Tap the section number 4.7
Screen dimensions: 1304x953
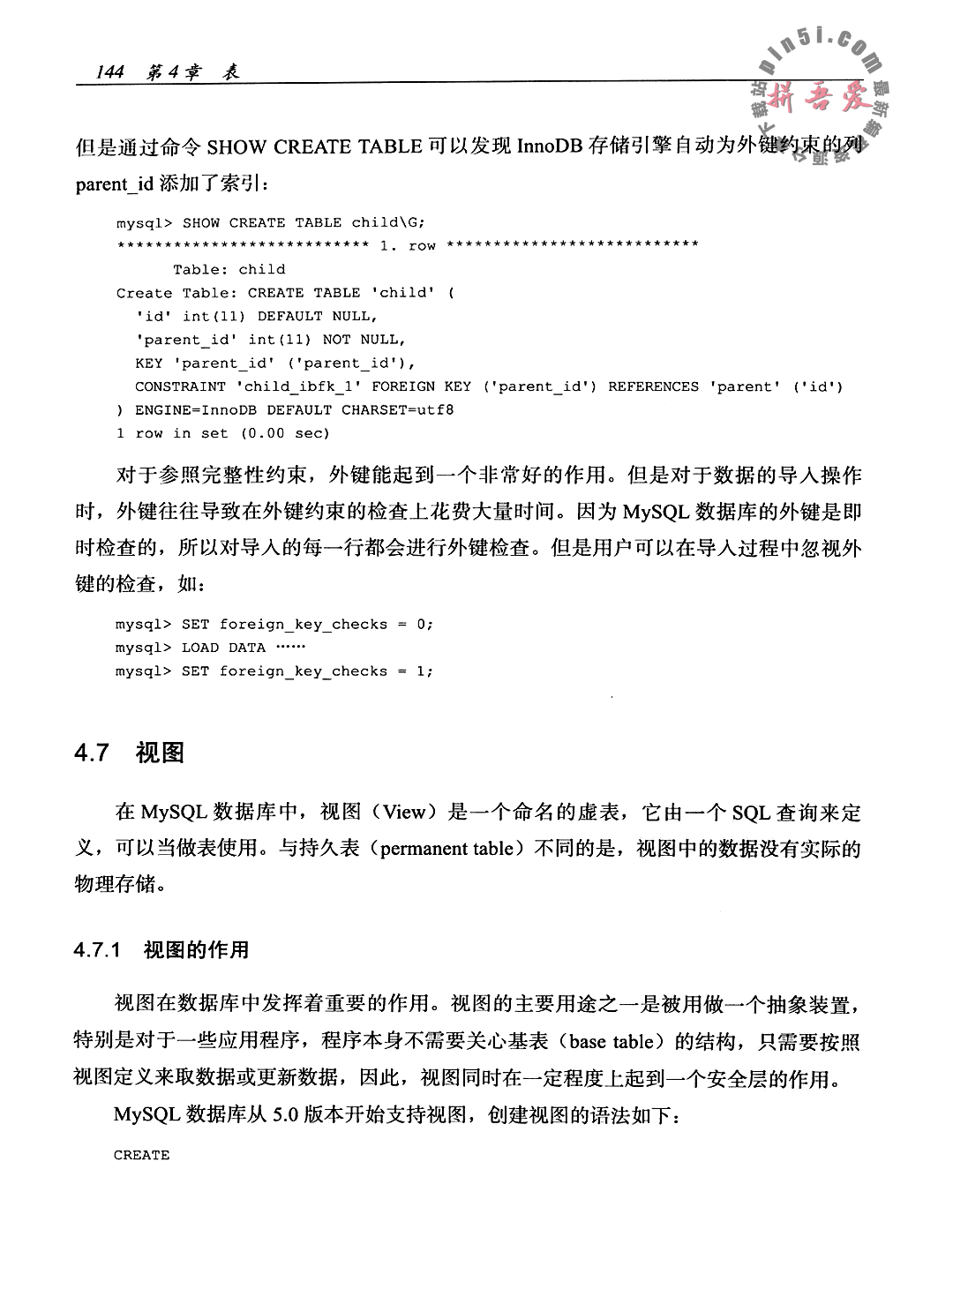click(92, 753)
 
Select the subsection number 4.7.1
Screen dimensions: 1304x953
click(98, 950)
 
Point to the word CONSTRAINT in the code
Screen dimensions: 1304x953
click(180, 386)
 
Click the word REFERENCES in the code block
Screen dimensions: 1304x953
click(653, 386)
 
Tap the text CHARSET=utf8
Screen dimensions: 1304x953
click(398, 410)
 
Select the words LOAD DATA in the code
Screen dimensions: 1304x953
click(223, 648)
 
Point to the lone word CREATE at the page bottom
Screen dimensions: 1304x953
click(141, 1155)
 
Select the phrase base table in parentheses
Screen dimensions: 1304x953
click(610, 1042)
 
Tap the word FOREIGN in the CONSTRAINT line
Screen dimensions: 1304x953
click(403, 386)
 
